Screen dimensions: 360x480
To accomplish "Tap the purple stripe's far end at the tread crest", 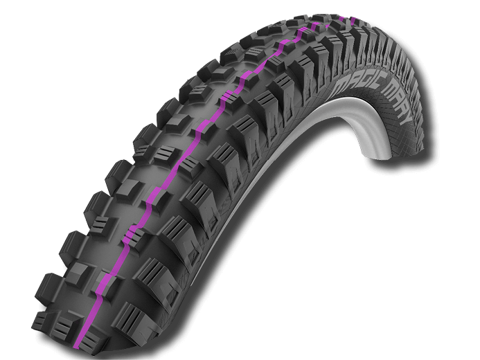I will click(x=320, y=23).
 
